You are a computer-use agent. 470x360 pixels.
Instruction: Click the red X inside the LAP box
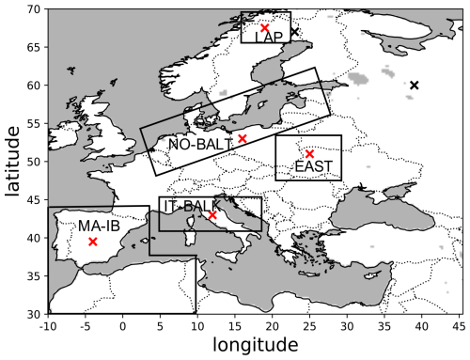[264, 28]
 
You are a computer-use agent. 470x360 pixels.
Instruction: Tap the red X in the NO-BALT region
[243, 138]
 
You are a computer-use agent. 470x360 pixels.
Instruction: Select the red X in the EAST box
[309, 154]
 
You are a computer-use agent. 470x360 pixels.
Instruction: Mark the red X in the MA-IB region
[92, 242]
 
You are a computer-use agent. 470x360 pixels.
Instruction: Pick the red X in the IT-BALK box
[212, 215]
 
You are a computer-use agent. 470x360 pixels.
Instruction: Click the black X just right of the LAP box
[294, 32]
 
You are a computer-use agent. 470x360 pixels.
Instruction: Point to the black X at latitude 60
[414, 86]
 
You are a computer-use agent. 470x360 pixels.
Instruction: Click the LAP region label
[269, 38]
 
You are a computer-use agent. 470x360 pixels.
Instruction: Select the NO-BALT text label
[200, 145]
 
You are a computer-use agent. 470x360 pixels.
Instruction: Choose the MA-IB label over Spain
[99, 227]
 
